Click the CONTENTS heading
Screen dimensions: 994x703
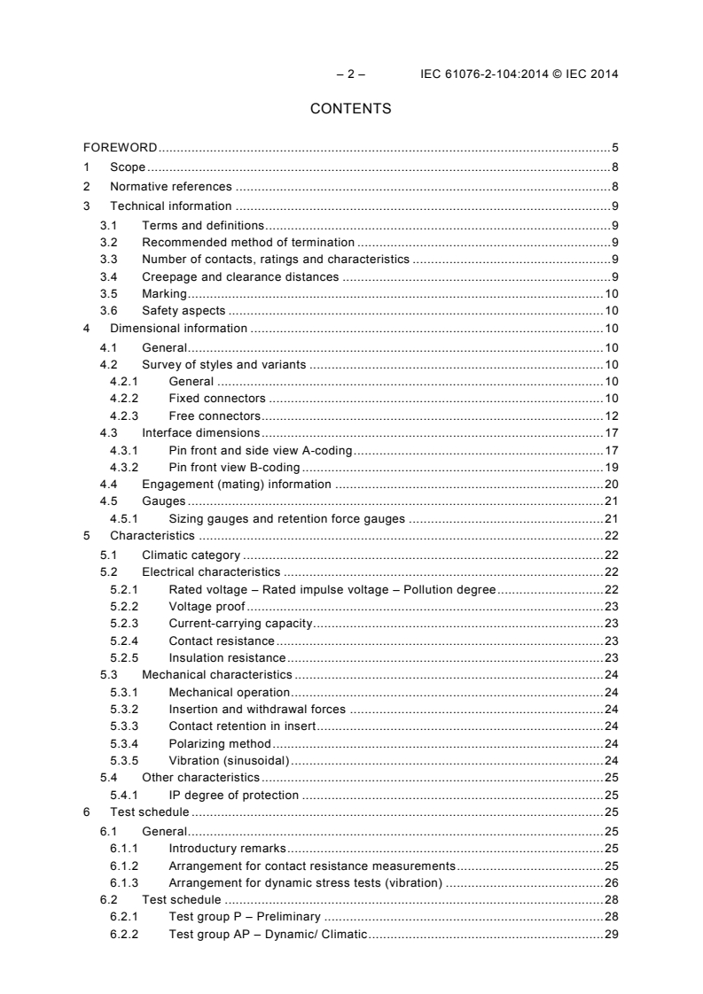pyautogui.click(x=351, y=109)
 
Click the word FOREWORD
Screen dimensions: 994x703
pyautogui.click(x=121, y=148)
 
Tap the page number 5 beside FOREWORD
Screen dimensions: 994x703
pyautogui.click(x=614, y=148)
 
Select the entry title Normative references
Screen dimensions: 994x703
pyautogui.click(x=171, y=186)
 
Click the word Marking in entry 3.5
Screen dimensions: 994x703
pyautogui.click(x=165, y=293)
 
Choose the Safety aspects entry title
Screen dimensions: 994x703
pyautogui.click(x=184, y=310)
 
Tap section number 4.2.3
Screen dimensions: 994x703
pyautogui.click(x=123, y=415)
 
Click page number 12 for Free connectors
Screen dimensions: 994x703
pyautogui.click(x=612, y=415)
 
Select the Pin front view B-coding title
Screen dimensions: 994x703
pyautogui.click(x=234, y=467)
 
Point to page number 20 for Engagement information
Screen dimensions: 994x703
pyautogui.click(x=612, y=484)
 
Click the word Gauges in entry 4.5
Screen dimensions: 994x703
pyautogui.click(x=164, y=501)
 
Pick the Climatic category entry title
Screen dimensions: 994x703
pyautogui.click(x=191, y=555)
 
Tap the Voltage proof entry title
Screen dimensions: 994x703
pyautogui.click(x=207, y=606)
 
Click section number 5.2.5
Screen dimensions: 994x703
pyautogui.click(x=123, y=657)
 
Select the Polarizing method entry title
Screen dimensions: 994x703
pyautogui.click(x=220, y=743)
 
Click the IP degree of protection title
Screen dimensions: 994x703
pyautogui.click(x=234, y=795)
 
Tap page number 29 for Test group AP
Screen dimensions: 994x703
pyautogui.click(x=612, y=934)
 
